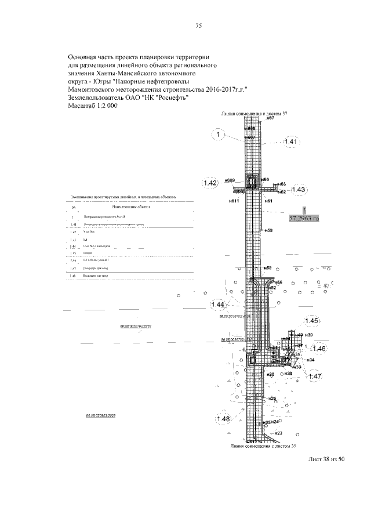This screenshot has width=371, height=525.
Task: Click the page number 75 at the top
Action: click(x=198, y=26)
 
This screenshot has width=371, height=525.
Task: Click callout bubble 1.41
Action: click(x=292, y=143)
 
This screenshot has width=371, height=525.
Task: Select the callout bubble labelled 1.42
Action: click(x=210, y=183)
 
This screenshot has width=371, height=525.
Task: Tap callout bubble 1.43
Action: click(x=299, y=190)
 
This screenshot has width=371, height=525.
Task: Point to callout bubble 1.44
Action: click(x=219, y=305)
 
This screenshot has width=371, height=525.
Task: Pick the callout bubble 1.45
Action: click(x=311, y=321)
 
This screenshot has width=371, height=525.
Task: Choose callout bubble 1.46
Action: click(x=319, y=349)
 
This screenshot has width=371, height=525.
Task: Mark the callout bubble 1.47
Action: click(x=315, y=376)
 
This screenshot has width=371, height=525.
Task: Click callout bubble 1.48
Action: click(x=223, y=419)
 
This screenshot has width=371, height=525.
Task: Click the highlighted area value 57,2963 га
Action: click(x=304, y=219)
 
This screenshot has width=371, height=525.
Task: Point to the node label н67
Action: click(x=270, y=118)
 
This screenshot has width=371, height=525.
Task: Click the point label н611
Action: click(x=235, y=201)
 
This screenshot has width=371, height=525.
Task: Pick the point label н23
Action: click(x=278, y=433)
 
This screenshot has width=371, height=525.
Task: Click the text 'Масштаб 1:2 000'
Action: click(x=92, y=107)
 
